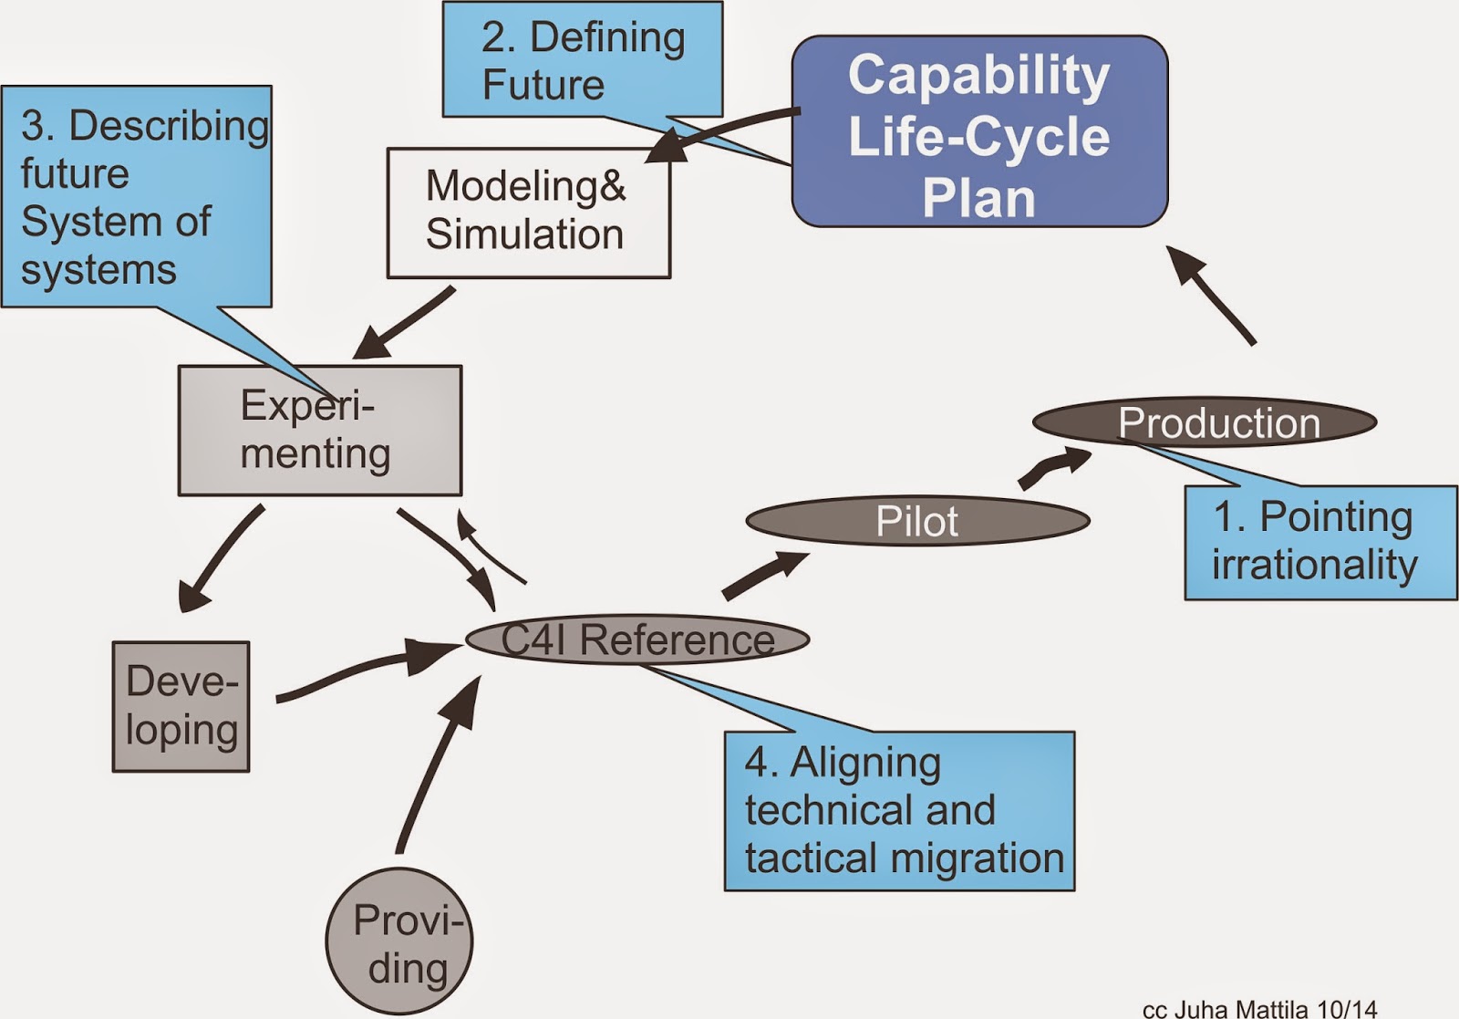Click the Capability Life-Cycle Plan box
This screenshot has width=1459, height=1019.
coord(979,132)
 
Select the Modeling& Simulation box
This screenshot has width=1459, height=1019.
coord(528,212)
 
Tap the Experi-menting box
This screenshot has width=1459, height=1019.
coord(319,431)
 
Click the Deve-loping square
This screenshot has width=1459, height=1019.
coord(181,706)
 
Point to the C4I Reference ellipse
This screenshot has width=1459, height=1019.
coord(636,639)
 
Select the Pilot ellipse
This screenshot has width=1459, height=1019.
coord(916,521)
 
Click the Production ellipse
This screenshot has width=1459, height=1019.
coord(1204,422)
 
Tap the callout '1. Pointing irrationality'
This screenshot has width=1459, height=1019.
coord(1319,542)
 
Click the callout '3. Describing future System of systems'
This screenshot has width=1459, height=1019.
coord(137,196)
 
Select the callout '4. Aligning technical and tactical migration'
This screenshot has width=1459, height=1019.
coord(899,810)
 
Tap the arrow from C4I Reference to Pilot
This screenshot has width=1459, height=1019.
coord(764,575)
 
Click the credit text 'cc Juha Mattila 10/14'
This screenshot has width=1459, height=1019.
coord(1259,1009)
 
